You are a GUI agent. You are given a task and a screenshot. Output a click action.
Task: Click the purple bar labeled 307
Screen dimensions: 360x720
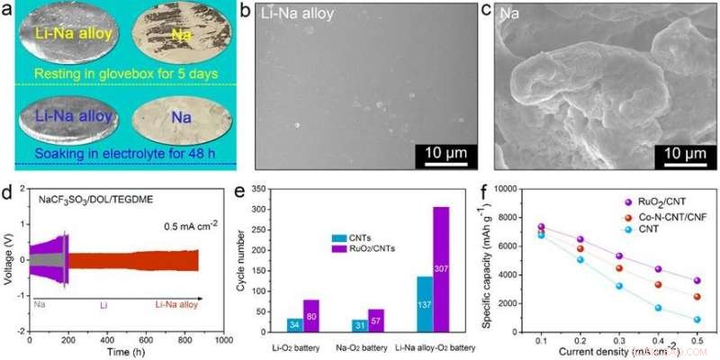(x=441, y=269)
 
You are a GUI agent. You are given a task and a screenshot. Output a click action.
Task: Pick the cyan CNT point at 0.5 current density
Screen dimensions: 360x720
(x=697, y=319)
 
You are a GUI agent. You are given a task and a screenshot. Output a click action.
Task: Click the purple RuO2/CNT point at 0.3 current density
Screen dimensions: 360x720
(x=618, y=256)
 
